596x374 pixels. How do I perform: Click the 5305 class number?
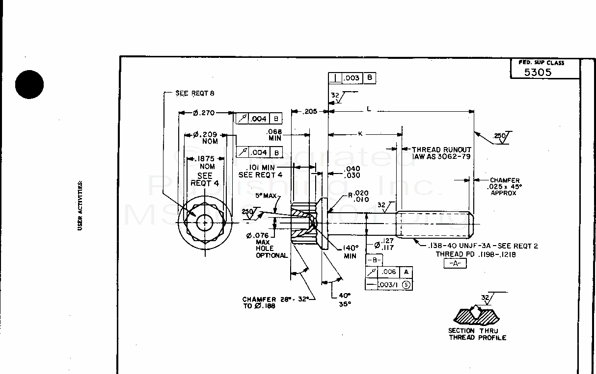(538, 73)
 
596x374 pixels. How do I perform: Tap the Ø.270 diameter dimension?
(204, 113)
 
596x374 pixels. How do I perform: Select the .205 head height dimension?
(310, 112)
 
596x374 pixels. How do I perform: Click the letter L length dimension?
(369, 109)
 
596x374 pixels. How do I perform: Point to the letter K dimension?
(360, 133)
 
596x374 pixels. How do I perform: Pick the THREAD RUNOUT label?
(441, 150)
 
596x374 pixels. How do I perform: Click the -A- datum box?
(455, 264)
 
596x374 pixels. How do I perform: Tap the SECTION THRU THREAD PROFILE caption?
(477, 334)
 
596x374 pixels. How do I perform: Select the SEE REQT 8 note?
(195, 93)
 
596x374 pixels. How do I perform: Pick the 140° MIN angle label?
(350, 251)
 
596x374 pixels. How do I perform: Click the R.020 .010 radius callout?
(358, 197)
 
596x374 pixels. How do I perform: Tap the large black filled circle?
(29, 84)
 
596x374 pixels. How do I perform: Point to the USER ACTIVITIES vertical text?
(80, 205)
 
